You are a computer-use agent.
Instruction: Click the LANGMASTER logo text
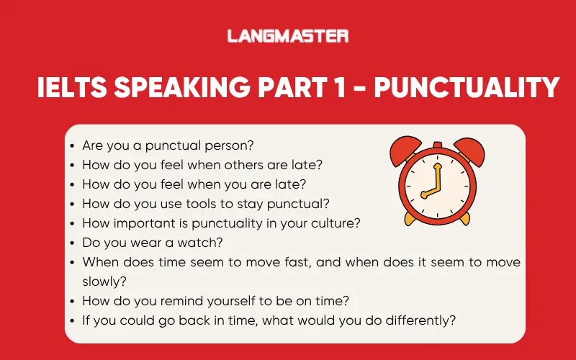tap(288, 35)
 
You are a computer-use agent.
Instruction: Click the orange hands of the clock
tap(431, 186)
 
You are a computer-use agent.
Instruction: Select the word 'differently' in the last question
tap(423, 320)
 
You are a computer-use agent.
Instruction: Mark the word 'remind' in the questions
tap(171, 301)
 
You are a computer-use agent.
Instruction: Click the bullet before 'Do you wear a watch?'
tap(73, 243)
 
